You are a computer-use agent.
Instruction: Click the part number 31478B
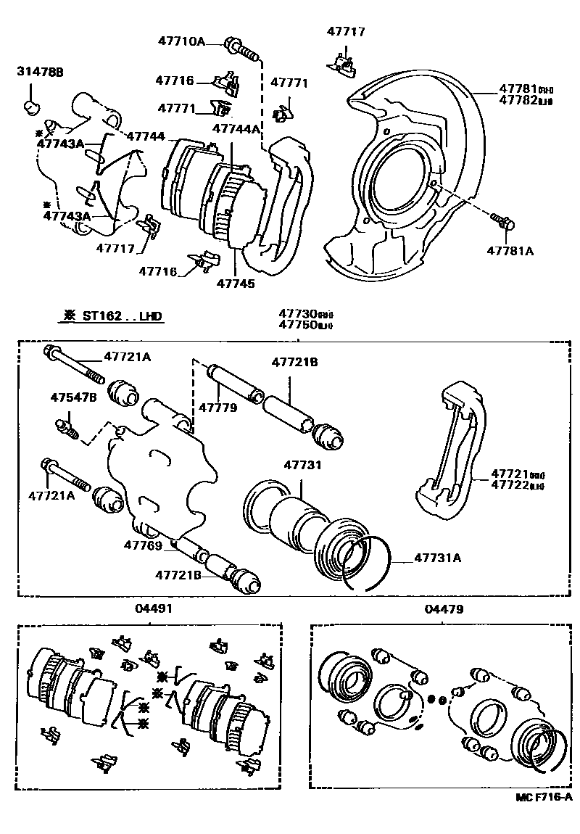click(x=41, y=72)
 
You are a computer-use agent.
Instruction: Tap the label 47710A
click(x=181, y=41)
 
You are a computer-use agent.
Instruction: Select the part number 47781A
click(x=510, y=251)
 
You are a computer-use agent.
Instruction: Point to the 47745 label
click(x=236, y=284)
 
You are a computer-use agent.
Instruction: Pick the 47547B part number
click(x=73, y=397)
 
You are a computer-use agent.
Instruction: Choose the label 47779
click(x=218, y=408)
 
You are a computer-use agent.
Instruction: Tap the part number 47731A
click(x=438, y=558)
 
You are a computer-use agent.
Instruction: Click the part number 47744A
click(x=236, y=129)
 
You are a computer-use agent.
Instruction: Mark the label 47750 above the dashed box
click(x=299, y=326)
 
